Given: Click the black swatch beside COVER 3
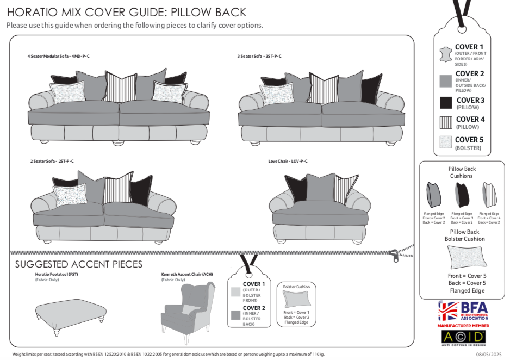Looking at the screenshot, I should click(446, 103).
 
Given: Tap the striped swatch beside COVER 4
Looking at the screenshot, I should click(446, 122).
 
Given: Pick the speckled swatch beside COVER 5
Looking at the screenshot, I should click(446, 142).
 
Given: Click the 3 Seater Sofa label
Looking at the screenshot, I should click(259, 56).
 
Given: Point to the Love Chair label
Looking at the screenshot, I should click(288, 161).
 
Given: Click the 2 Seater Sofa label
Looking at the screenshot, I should click(52, 161).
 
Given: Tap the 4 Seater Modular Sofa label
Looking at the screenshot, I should click(58, 56).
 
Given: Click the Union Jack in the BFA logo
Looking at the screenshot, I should click(448, 311).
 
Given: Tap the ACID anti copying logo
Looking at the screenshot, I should click(463, 337).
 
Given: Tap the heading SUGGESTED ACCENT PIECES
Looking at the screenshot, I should click(78, 264).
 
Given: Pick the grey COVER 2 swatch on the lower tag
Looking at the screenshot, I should click(235, 314).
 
